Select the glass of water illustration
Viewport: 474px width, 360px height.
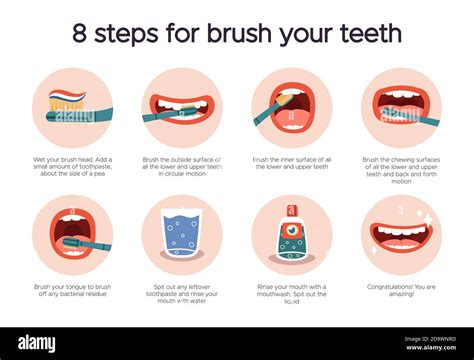(x=182, y=234)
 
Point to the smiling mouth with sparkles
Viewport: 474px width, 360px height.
(x=401, y=236)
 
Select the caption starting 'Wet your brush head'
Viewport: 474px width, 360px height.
(x=73, y=167)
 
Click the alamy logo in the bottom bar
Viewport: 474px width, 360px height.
(x=37, y=342)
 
